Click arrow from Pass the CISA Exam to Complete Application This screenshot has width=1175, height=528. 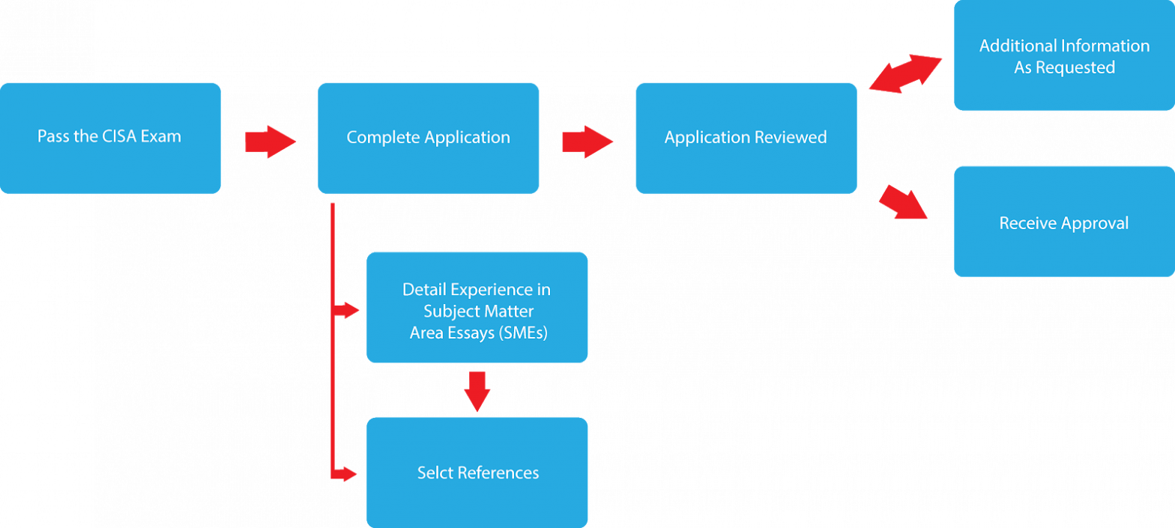[x=271, y=141]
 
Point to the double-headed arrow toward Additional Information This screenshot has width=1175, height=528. [x=906, y=73]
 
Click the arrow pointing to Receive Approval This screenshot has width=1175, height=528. [x=903, y=202]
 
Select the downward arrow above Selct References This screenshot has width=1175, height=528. [x=477, y=390]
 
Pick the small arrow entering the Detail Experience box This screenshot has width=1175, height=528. [x=348, y=309]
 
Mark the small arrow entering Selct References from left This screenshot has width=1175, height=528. [x=348, y=473]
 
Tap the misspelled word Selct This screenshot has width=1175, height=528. [x=435, y=473]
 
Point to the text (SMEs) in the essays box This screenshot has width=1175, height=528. [x=522, y=334]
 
